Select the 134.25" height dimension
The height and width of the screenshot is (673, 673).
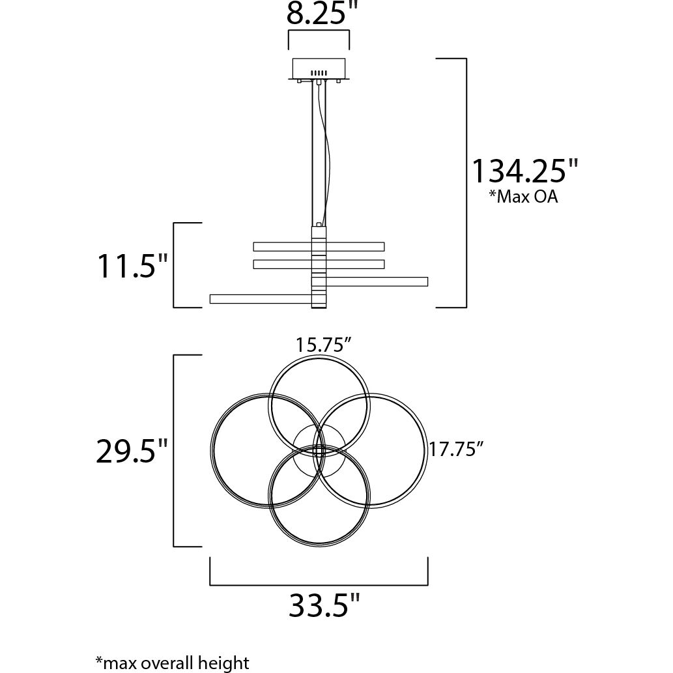coord(524,171)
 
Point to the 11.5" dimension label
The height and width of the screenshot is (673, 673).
coord(133,266)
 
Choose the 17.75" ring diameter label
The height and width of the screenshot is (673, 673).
coord(456,450)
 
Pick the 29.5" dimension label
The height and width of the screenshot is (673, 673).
coord(132,451)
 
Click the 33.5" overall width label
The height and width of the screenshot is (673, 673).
coord(324,606)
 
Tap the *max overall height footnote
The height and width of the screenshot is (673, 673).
coord(172,663)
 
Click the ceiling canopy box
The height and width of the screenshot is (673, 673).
coord(319,68)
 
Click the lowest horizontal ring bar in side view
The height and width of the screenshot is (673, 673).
coord(260,298)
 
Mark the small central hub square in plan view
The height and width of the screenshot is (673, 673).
coord(319,450)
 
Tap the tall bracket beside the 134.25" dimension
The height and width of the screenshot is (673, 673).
coord(465,182)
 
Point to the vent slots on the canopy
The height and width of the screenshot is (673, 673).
coord(319,72)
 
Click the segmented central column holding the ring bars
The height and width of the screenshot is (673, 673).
coord(319,267)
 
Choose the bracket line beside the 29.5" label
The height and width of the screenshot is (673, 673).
coord(175,451)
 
